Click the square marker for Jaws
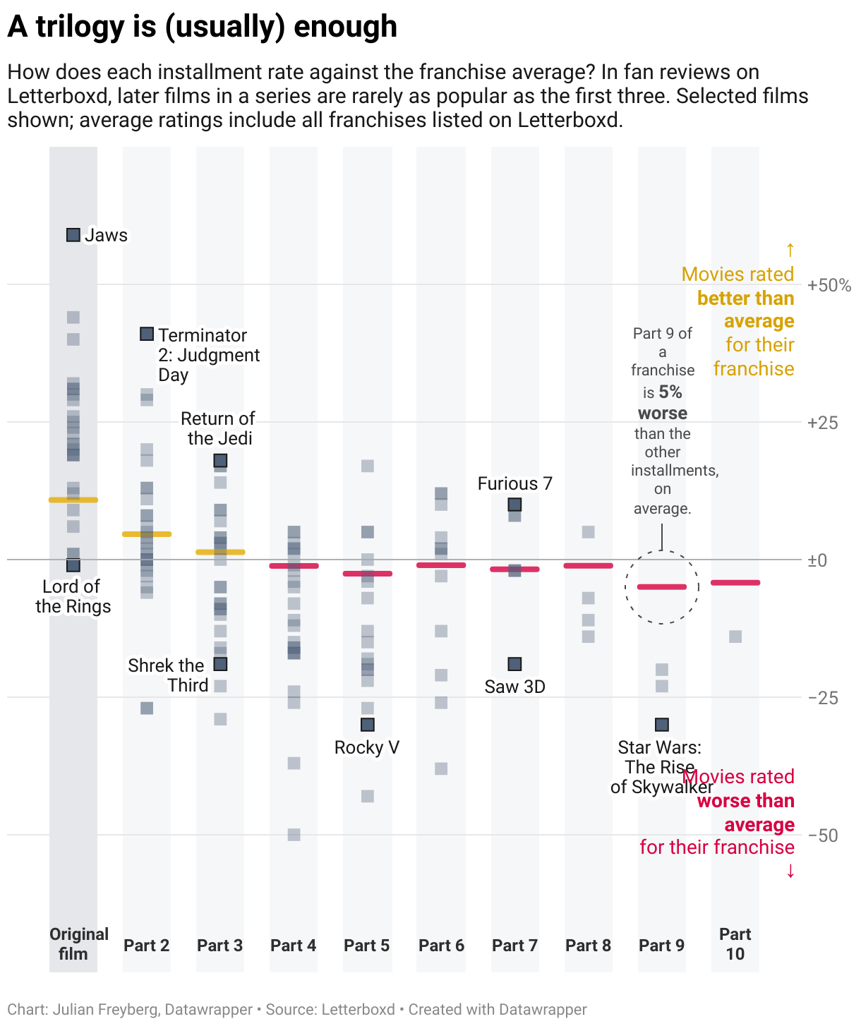pyautogui.click(x=73, y=235)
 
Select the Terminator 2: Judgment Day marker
pyautogui.click(x=147, y=334)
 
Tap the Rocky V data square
pyautogui.click(x=367, y=725)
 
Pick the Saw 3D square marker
pyautogui.click(x=514, y=664)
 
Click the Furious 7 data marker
pyautogui.click(x=514, y=505)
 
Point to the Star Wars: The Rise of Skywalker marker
pyautogui.click(x=661, y=725)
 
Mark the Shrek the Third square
pyautogui.click(x=220, y=664)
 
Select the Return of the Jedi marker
pyautogui.click(x=220, y=461)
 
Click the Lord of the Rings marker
pyautogui.click(x=73, y=565)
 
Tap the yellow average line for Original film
pyautogui.click(x=73, y=500)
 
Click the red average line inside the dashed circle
pyautogui.click(x=661, y=587)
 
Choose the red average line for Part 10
pyautogui.click(x=735, y=583)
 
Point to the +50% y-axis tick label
pyautogui.click(x=829, y=286)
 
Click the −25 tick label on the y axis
pyautogui.click(x=823, y=698)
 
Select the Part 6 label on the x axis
pyautogui.click(x=441, y=946)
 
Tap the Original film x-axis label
pyautogui.click(x=78, y=944)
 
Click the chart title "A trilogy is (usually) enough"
pyautogui.click(x=203, y=27)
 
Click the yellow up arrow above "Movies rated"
pyautogui.click(x=790, y=251)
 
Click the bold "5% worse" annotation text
pyautogui.click(x=663, y=402)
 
